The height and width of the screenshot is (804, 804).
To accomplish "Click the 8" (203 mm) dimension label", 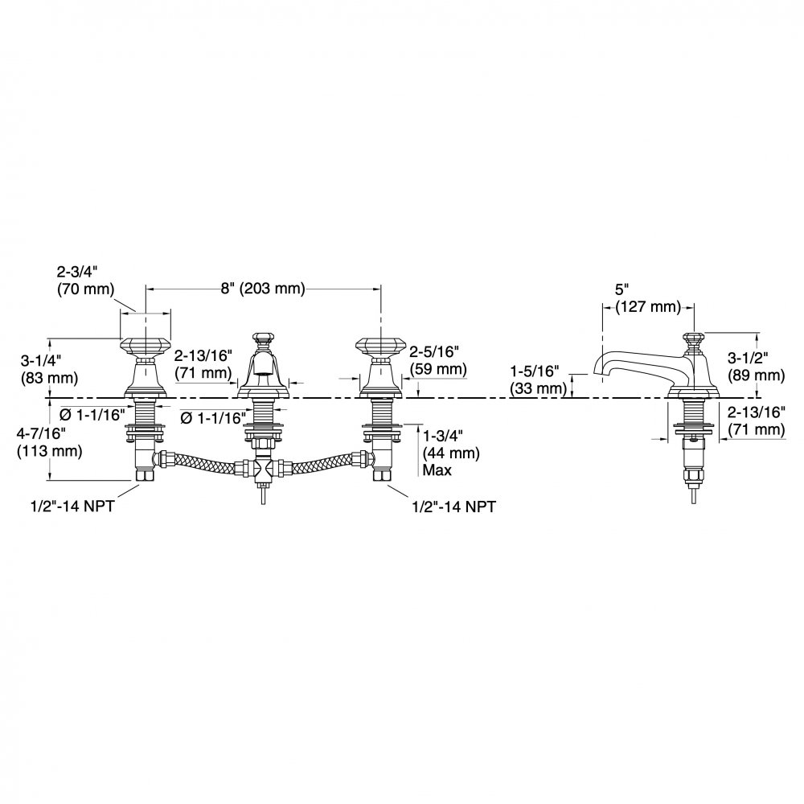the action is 263,288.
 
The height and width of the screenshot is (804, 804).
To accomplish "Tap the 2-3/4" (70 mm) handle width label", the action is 85,280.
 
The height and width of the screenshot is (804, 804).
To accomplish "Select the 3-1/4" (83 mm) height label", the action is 49,369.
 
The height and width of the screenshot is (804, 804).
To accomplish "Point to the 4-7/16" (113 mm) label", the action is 49,442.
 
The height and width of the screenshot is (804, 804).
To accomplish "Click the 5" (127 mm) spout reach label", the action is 647,298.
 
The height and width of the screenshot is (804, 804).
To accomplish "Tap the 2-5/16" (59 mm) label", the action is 438,360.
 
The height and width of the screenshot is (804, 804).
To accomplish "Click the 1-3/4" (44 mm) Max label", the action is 451,453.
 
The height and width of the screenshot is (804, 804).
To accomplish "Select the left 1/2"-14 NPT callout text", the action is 73,506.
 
